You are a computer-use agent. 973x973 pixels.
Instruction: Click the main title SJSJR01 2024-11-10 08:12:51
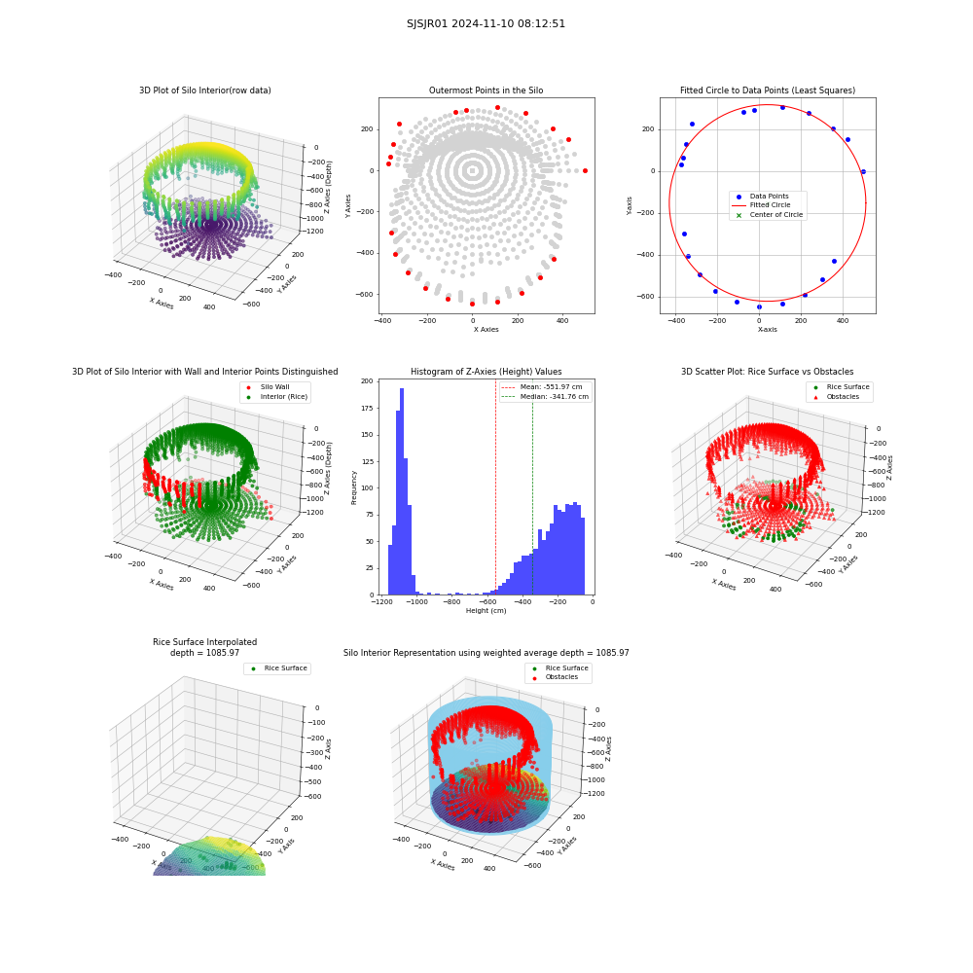(486, 23)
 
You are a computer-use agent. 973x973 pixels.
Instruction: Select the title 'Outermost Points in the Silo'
(486, 90)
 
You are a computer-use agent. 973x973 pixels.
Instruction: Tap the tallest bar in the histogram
(402, 491)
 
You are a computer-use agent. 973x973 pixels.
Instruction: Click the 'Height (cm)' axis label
(486, 611)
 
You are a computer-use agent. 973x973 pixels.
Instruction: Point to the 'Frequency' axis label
(354, 487)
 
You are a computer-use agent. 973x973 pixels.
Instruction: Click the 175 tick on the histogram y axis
(367, 408)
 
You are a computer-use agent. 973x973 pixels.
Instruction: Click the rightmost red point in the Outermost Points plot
(585, 170)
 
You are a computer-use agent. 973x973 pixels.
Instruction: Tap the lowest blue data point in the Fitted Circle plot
(759, 307)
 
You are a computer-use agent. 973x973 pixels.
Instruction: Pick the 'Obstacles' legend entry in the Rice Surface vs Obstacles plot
(843, 397)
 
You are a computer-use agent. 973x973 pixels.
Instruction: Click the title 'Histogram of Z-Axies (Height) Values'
(486, 371)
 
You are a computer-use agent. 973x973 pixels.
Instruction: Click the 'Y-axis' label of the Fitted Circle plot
(630, 206)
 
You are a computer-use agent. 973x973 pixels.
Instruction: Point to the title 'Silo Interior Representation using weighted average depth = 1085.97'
(486, 653)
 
